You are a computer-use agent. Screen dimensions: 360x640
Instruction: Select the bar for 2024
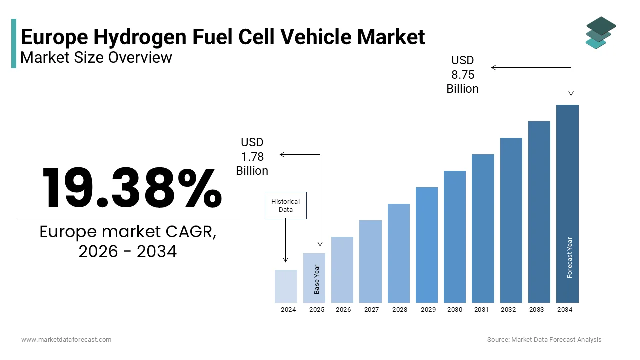[x=286, y=286]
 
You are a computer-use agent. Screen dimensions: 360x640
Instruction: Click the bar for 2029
[x=426, y=245]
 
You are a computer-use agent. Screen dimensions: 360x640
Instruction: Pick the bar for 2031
[x=483, y=228]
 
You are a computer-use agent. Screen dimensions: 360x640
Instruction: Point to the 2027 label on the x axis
[x=371, y=310]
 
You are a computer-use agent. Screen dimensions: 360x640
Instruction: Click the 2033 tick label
[x=536, y=310]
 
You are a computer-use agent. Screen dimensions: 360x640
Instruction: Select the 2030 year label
[x=455, y=310]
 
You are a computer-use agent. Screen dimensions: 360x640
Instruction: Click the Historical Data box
[x=285, y=205]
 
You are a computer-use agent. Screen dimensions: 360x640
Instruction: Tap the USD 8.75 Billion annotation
[x=462, y=74]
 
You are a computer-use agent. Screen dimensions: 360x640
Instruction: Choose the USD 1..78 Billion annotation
[x=252, y=156]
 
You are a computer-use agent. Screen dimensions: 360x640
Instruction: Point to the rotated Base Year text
[x=317, y=279]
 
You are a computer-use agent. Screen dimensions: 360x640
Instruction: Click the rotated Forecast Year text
[x=570, y=257]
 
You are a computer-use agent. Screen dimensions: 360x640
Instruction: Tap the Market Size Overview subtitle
[x=96, y=58]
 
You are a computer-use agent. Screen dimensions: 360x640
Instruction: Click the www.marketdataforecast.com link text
[x=66, y=340]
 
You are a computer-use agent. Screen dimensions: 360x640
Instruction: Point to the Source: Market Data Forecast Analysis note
[x=544, y=340]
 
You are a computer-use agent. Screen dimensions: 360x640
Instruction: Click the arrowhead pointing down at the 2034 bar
[x=571, y=93]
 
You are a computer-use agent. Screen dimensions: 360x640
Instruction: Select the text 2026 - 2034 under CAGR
[x=128, y=252]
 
